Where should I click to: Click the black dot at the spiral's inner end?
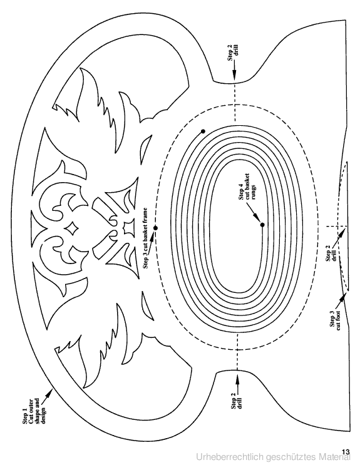tap(262, 225)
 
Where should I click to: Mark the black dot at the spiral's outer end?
tap(203, 131)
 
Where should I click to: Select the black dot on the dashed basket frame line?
tap(155, 228)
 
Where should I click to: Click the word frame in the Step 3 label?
tap(146, 214)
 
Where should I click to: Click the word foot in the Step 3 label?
tap(339, 316)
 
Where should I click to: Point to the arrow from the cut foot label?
tap(341, 300)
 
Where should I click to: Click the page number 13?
tap(346, 452)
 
